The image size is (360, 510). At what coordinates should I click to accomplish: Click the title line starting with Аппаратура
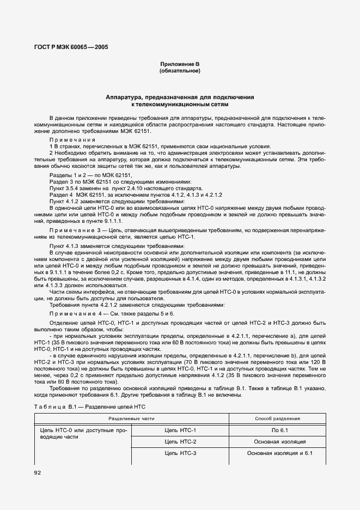pos(180,97)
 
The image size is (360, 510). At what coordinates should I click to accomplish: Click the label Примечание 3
pos(75,231)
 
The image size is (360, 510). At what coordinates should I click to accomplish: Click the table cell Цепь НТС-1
pos(180,430)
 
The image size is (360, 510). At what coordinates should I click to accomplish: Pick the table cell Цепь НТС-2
pos(180,441)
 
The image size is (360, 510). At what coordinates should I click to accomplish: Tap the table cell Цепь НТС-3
pos(180,453)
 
